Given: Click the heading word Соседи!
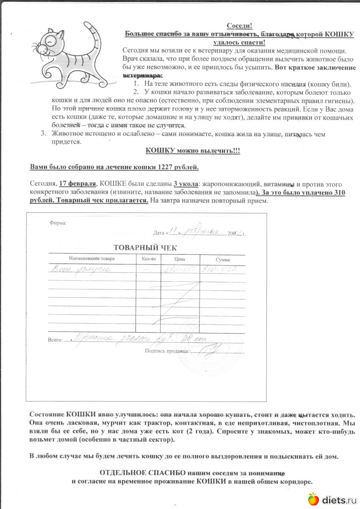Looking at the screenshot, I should point(240,26).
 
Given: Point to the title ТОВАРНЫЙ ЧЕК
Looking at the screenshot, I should point(145,248).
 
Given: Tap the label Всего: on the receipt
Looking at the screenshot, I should point(55,340).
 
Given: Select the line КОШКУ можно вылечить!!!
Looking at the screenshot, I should point(193,151).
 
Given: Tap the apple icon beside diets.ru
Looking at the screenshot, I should point(313,499).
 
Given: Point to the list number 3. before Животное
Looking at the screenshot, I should point(43,134).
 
